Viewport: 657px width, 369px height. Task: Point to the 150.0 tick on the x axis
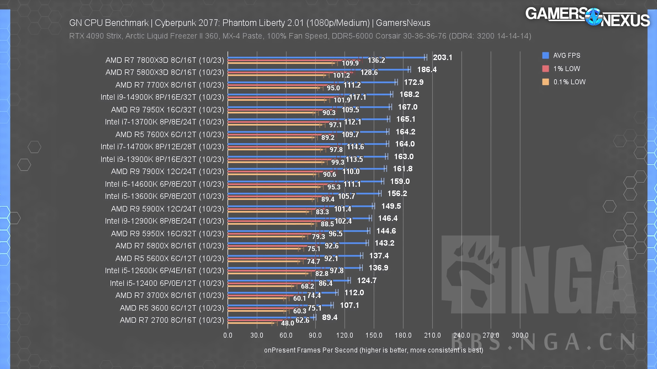(x=374, y=335)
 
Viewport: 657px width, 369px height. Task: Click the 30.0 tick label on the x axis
(x=257, y=335)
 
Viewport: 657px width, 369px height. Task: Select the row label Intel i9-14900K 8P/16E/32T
(x=162, y=97)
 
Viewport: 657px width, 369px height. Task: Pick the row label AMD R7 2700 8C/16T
(x=172, y=320)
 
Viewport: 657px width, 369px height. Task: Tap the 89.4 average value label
(x=330, y=317)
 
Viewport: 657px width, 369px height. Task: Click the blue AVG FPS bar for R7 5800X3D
(x=319, y=70)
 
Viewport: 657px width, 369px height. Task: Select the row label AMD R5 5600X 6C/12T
(x=170, y=258)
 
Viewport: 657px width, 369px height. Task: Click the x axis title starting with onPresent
(x=373, y=350)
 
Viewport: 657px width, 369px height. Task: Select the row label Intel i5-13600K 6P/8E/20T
(x=164, y=196)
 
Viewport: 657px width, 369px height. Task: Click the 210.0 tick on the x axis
(x=432, y=335)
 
